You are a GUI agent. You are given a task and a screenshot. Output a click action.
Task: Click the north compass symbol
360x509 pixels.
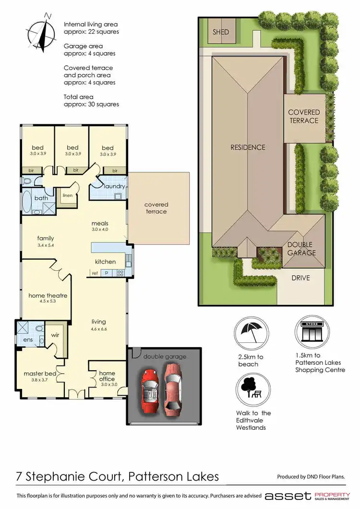[x=43, y=32]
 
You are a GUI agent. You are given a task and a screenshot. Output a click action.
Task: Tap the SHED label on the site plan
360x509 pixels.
[x=221, y=32]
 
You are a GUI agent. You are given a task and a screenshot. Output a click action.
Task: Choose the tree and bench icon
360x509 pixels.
[x=251, y=388]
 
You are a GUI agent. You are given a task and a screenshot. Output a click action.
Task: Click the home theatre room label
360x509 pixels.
[x=48, y=296]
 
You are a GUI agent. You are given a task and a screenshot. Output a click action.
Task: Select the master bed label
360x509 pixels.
[x=40, y=373]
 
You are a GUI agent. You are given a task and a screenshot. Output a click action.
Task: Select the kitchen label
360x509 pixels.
[x=105, y=262]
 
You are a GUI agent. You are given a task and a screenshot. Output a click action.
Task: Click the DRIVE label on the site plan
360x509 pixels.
[x=301, y=278]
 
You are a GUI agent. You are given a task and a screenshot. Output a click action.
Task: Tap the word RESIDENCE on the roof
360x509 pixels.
[x=247, y=147]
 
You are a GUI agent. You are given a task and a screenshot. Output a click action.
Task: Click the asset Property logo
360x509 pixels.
[x=307, y=496]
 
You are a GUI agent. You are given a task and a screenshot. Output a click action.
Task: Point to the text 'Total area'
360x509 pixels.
[x=79, y=97]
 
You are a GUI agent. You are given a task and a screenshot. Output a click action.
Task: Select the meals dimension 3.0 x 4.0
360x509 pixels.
[x=100, y=230]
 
